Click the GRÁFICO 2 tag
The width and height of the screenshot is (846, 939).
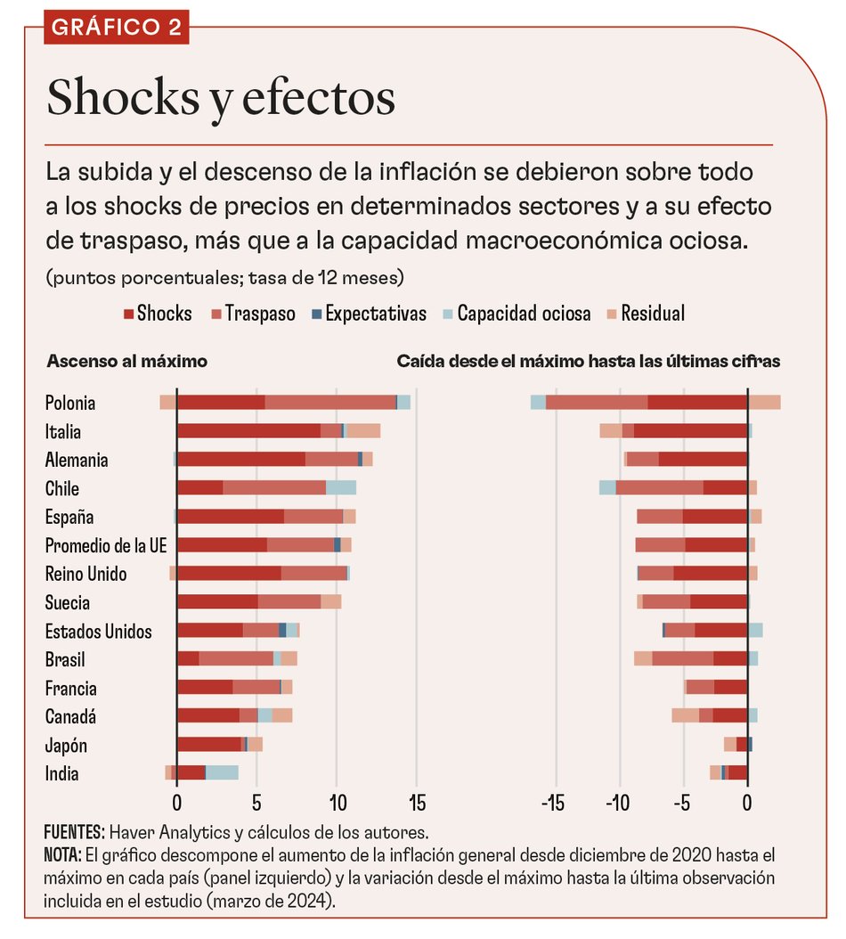(116, 27)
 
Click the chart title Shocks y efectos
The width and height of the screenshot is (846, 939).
(221, 98)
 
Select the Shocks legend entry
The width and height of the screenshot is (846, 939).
(158, 314)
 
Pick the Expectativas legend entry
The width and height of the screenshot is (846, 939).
(369, 314)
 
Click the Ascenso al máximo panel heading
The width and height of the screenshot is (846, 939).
(126, 362)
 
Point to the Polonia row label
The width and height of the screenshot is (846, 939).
(70, 403)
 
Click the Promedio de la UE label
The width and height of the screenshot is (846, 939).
(106, 545)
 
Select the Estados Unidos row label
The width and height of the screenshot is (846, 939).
(98, 632)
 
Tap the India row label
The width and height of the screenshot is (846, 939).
(61, 773)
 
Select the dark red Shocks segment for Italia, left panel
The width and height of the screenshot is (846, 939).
(248, 431)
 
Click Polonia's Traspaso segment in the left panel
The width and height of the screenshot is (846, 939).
(329, 403)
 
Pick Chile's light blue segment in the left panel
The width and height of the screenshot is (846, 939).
(341, 488)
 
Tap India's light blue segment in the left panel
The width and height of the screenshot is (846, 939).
(222, 773)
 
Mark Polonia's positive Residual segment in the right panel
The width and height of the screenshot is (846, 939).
(764, 403)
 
